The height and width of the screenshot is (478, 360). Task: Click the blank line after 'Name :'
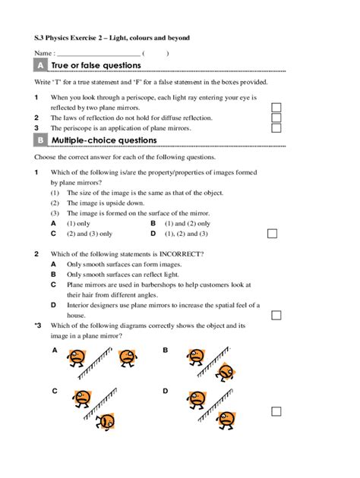pyautogui.click(x=99, y=54)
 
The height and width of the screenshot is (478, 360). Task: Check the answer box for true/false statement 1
pyautogui.click(x=276, y=108)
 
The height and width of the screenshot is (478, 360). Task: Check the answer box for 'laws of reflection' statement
pyautogui.click(x=276, y=118)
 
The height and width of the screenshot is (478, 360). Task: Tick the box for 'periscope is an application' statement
pyautogui.click(x=276, y=129)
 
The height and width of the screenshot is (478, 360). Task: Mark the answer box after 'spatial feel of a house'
pyautogui.click(x=276, y=315)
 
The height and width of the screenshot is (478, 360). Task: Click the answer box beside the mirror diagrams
pyautogui.click(x=276, y=411)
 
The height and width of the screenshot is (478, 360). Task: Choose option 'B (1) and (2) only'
pyautogui.click(x=181, y=224)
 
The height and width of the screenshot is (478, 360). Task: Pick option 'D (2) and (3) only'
pyautogui.click(x=181, y=234)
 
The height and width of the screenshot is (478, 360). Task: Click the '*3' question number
pyautogui.click(x=38, y=325)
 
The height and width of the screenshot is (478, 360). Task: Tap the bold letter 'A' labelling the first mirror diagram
pyautogui.click(x=55, y=350)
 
